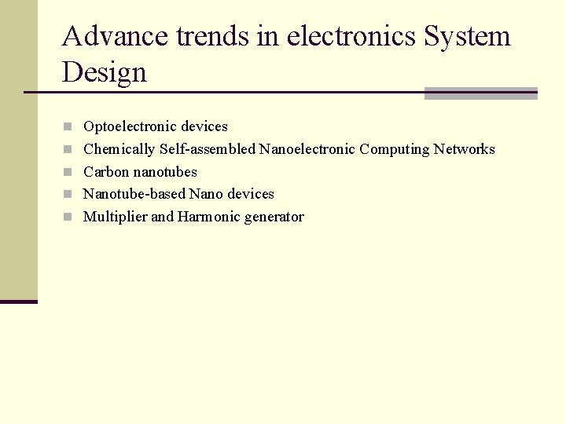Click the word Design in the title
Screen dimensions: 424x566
105,72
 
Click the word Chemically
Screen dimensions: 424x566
119,149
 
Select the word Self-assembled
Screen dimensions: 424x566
208,149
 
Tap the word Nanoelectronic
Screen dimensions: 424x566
307,149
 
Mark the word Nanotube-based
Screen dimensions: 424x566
134,194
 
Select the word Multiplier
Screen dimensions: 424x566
115,217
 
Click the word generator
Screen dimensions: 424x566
274,217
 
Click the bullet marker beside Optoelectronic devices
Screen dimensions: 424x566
68,126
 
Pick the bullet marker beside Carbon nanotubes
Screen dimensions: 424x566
68,172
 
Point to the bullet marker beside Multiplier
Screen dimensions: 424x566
68,217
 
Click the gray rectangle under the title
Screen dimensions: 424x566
480,93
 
